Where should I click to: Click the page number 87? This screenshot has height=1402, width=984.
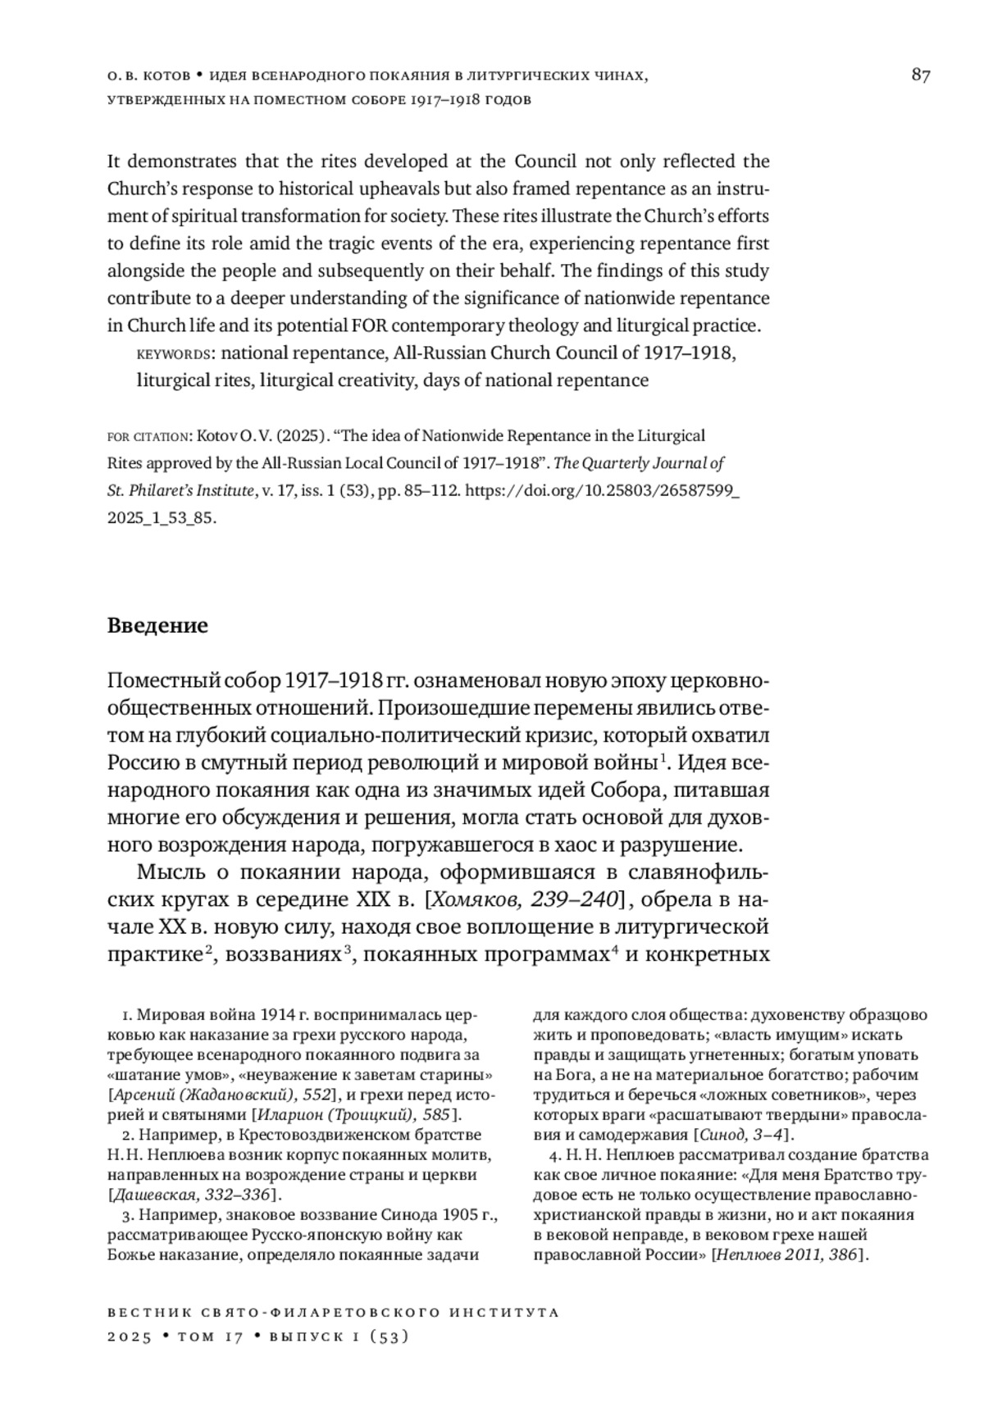(920, 76)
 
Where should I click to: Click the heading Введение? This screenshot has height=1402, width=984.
(157, 626)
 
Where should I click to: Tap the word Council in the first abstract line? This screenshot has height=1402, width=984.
(545, 161)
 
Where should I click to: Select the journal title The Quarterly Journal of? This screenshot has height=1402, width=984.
(640, 463)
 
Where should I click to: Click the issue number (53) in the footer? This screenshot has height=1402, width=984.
(389, 1336)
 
